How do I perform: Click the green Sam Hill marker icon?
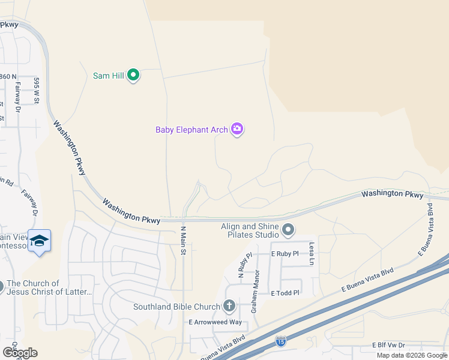coord(134,76)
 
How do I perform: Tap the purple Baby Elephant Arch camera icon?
coord(237,129)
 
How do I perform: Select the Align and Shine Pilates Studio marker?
coord(288,230)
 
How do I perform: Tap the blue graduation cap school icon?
coord(39,241)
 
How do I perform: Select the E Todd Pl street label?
coord(285,293)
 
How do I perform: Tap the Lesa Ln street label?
coord(312,254)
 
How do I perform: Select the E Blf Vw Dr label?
coord(389,345)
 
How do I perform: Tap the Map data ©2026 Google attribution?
coord(412,355)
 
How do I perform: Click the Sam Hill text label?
coord(109,76)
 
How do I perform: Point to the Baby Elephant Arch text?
coord(191,129)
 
